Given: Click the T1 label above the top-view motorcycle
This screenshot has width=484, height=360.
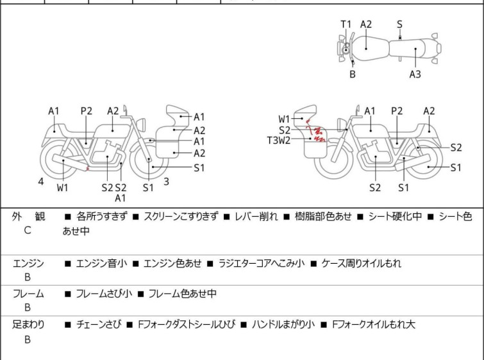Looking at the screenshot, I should [346, 24].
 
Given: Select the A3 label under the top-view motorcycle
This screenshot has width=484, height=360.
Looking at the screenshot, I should [415, 74].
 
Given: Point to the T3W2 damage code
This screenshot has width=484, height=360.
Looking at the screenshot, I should [279, 140].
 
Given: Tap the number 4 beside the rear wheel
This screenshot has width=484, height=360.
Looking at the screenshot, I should [41, 182].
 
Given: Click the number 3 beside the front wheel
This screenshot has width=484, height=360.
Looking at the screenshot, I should [166, 182].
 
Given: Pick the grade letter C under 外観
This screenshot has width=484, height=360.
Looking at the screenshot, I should [28, 230].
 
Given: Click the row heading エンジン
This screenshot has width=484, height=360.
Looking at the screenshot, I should [28, 263].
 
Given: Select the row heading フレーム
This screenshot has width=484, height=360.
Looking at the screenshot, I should [28, 294].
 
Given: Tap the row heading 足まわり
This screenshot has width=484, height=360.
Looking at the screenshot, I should [28, 325].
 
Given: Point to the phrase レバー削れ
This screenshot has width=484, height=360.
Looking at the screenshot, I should [256, 217].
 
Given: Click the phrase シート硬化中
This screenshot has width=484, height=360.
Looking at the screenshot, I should [394, 217].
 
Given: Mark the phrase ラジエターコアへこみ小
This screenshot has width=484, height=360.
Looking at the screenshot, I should [262, 263].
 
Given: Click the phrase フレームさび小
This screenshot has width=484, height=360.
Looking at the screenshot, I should [104, 294].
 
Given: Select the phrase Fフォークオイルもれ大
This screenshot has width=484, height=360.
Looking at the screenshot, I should [374, 325].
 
